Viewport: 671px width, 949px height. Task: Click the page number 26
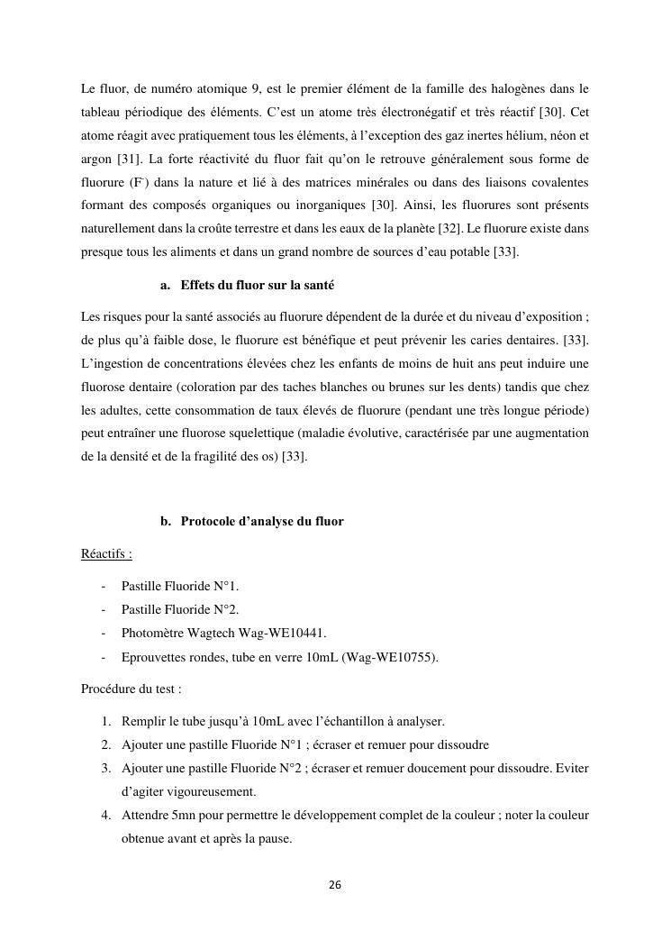(x=335, y=885)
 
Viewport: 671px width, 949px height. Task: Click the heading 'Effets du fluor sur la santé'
(x=257, y=285)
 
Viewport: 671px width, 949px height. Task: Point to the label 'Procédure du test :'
(x=131, y=689)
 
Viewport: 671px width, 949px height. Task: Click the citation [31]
(x=131, y=160)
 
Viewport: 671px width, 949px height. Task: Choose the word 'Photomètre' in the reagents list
(x=150, y=633)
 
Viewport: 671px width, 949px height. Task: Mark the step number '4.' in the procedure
(x=105, y=815)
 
